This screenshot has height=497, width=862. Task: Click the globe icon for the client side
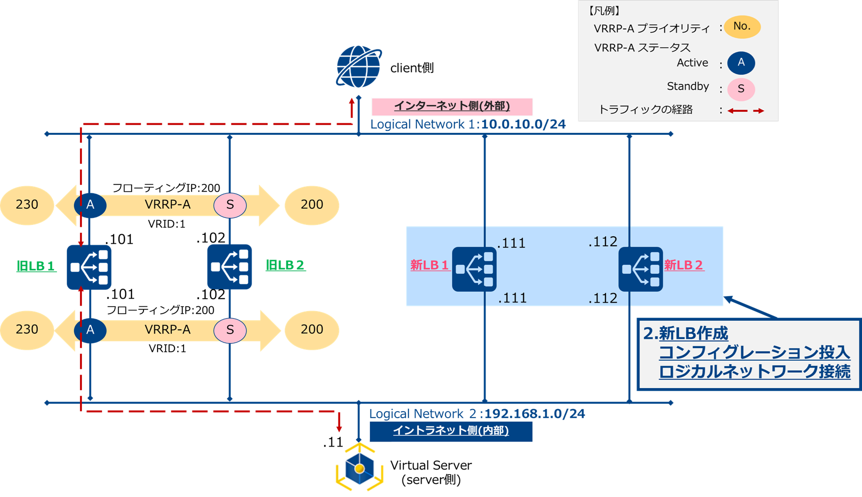click(x=358, y=67)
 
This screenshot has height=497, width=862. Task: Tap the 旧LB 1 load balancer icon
click(x=89, y=267)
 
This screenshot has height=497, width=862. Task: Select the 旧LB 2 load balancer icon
click(x=229, y=267)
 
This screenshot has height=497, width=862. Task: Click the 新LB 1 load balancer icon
click(x=474, y=269)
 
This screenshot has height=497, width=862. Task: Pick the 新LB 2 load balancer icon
click(x=640, y=269)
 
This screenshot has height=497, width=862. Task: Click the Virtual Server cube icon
click(x=359, y=469)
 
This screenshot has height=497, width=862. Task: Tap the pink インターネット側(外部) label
click(x=451, y=106)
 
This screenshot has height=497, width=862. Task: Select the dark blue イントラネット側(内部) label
click(x=450, y=431)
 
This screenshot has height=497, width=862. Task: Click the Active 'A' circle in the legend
click(x=740, y=63)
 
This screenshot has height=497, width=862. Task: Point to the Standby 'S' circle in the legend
click(x=740, y=89)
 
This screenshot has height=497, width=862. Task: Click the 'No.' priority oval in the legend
click(x=742, y=26)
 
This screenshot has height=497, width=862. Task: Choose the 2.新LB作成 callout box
click(x=748, y=354)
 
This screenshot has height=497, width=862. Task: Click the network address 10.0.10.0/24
click(x=523, y=124)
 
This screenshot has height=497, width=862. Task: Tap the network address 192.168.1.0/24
click(x=534, y=414)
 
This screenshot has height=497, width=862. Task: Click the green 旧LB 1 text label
click(x=36, y=266)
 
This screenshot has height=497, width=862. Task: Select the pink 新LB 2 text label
click(x=683, y=265)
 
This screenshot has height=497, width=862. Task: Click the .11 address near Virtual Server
click(x=333, y=443)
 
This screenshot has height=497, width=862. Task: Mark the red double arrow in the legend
click(x=745, y=110)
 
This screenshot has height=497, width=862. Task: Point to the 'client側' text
click(x=411, y=68)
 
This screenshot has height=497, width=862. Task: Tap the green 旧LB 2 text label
click(x=285, y=265)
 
